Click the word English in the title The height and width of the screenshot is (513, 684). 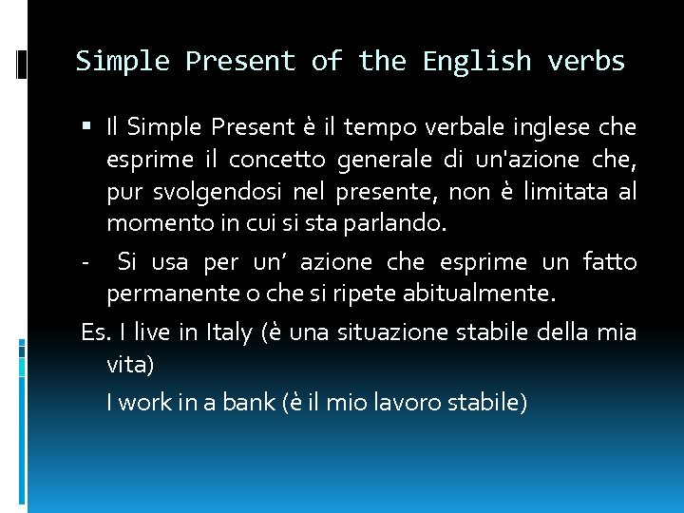477,62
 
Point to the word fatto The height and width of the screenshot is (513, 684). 609,261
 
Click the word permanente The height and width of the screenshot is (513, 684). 161,294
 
